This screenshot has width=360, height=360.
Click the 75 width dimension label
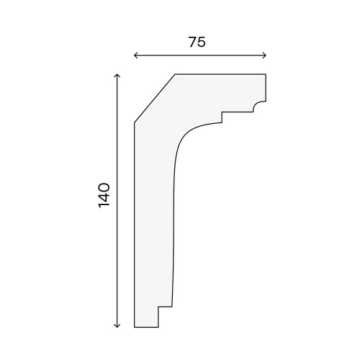(197, 42)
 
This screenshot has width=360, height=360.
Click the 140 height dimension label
(104, 195)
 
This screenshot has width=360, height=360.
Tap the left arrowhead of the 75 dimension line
(136, 55)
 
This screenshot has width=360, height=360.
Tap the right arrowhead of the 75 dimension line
(264, 55)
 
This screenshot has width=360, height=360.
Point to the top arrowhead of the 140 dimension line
(117, 76)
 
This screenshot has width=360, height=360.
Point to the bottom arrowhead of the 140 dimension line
(117, 325)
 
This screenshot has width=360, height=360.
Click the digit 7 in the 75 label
(192, 42)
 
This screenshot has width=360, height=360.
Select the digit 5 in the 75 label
(202, 42)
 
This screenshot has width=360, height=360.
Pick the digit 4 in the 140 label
(104, 195)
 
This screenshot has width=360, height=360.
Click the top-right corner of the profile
(266, 74)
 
